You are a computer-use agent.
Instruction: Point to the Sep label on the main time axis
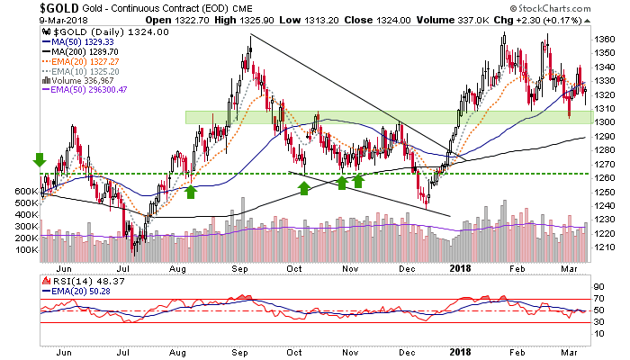point(241,266)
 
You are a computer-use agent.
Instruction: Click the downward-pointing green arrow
point(39,159)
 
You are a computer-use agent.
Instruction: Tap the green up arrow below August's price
point(190,191)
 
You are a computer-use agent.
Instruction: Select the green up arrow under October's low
point(304,188)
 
